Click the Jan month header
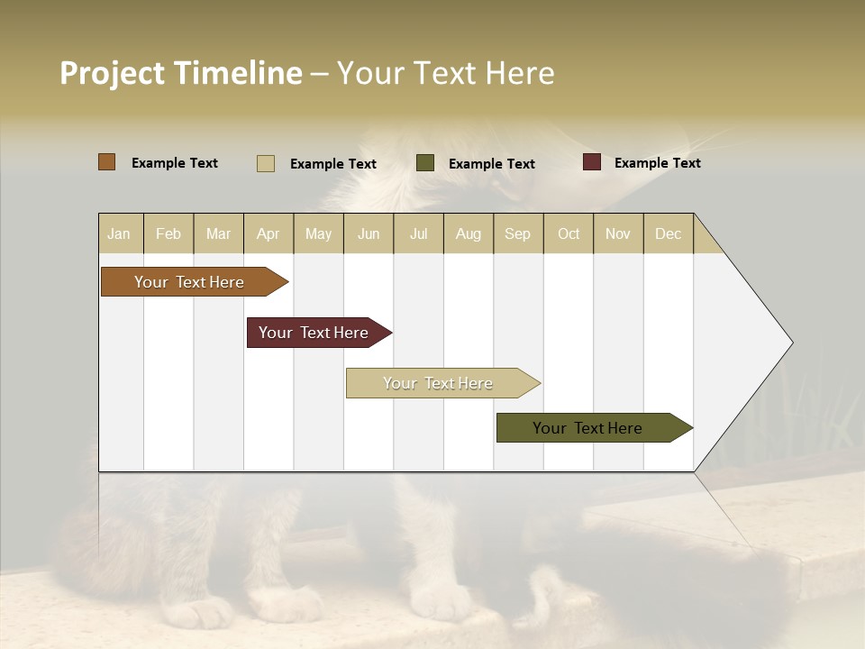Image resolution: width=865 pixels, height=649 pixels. click(x=120, y=233)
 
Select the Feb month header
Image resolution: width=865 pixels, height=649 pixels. click(x=168, y=233)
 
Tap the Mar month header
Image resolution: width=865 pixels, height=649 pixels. click(x=218, y=233)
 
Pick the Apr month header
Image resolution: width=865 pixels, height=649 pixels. click(x=269, y=233)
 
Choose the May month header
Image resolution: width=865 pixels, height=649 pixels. click(x=318, y=233)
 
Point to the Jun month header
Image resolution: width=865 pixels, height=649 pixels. click(x=369, y=233)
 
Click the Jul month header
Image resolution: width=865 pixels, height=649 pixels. click(x=418, y=233)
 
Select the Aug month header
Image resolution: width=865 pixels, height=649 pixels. click(x=469, y=233)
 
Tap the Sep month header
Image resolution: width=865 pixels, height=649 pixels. click(x=518, y=233)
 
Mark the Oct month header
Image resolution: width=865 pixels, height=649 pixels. click(x=569, y=233)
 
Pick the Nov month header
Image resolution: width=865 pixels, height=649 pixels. click(x=618, y=233)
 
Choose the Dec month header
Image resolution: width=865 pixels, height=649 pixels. click(x=669, y=233)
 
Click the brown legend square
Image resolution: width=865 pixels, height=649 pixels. click(x=107, y=162)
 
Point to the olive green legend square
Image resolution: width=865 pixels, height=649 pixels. click(x=425, y=163)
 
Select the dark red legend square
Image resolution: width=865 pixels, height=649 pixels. click(x=592, y=162)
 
